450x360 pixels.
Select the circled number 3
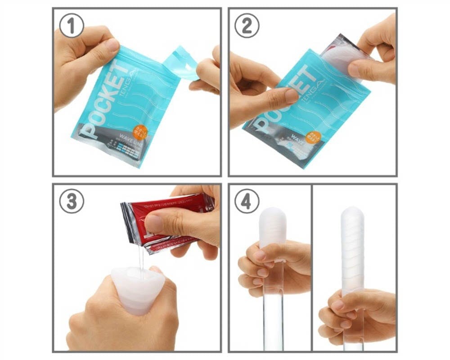coord(72,202)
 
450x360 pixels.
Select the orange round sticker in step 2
coord(313,137)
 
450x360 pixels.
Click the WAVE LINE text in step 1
coord(124,137)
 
